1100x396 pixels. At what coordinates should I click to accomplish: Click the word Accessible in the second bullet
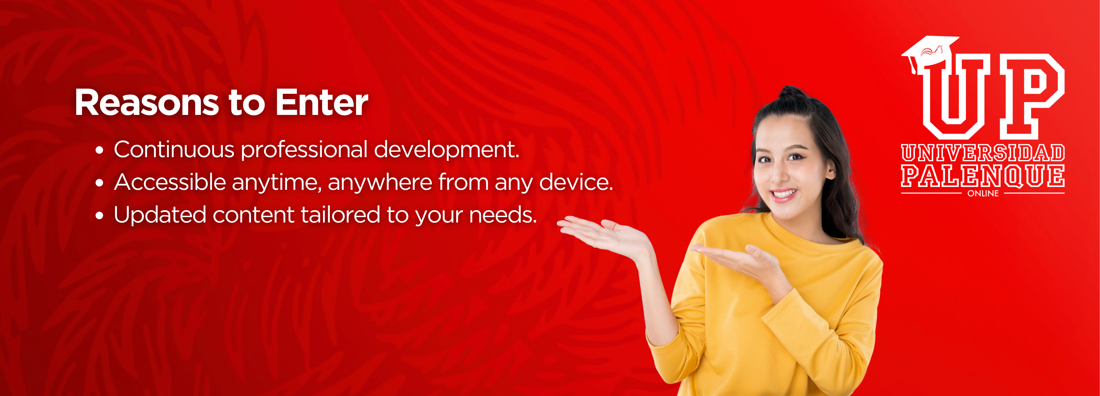point(170,183)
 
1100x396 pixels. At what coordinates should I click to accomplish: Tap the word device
point(576,183)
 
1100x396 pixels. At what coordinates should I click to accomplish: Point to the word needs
point(503,215)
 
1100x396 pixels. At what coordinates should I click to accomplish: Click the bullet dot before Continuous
point(99,150)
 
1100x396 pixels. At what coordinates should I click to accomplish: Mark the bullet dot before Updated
point(99,216)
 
